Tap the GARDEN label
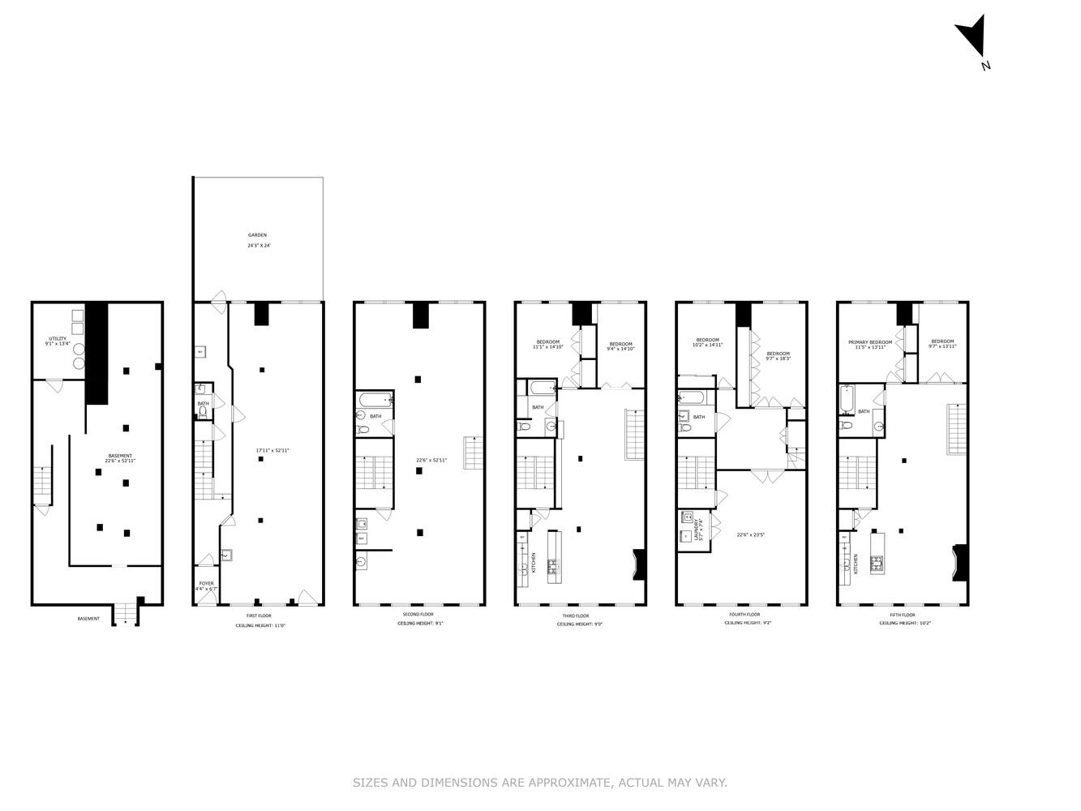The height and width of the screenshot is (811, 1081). click(257, 235)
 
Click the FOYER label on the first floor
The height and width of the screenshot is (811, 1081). click(207, 583)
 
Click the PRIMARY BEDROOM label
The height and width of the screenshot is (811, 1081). click(870, 342)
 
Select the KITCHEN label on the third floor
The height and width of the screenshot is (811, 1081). click(534, 561)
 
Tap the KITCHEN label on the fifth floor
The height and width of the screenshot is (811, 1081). click(856, 564)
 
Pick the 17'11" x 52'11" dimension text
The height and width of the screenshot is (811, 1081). click(272, 450)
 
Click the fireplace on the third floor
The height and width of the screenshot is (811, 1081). click(639, 564)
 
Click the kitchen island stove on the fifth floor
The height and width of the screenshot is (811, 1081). click(877, 563)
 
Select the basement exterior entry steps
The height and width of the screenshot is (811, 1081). click(126, 616)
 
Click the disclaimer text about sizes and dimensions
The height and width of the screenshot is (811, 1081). click(539, 783)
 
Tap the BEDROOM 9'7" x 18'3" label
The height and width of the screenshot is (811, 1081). click(778, 356)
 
